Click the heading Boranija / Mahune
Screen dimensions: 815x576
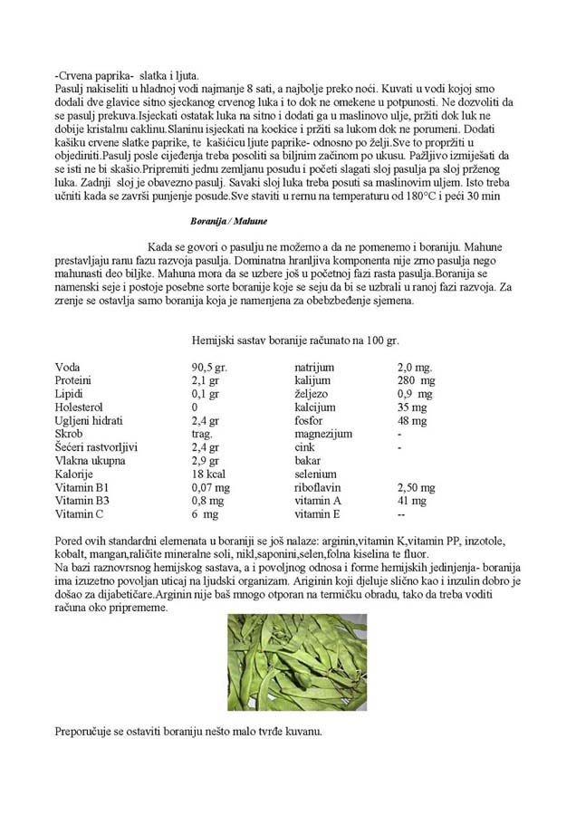point(228,220)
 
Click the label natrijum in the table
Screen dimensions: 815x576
point(314,368)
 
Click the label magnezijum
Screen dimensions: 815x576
point(323,435)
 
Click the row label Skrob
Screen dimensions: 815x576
point(71,435)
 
